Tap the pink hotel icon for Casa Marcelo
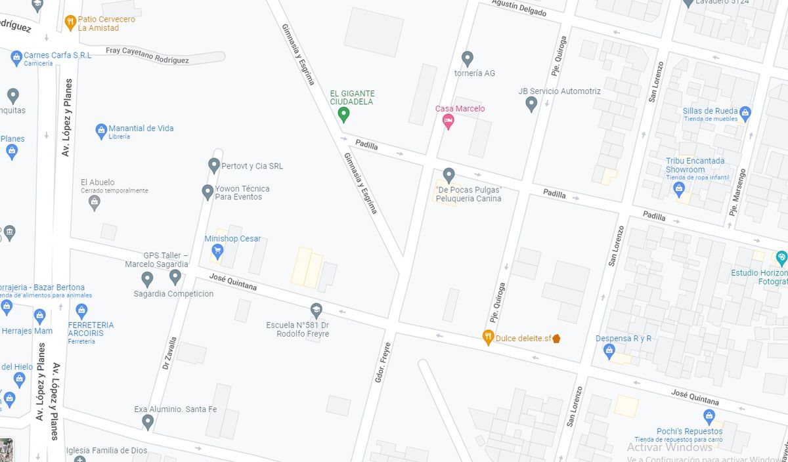[449, 120]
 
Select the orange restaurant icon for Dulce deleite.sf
[488, 337]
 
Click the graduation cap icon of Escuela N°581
[316, 310]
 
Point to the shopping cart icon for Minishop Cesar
[217, 250]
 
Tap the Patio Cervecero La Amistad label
[106, 24]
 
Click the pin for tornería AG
[467, 58]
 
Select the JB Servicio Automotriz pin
[531, 103]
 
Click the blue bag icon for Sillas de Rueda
[745, 114]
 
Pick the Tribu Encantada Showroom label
[695, 165]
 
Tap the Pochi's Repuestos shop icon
[709, 416]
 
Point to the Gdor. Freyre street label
[382, 363]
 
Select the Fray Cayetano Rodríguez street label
[148, 55]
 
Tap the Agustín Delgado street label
[519, 7]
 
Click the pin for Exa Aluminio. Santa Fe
[148, 421]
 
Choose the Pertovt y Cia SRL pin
[213, 165]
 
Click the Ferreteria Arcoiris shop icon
[81, 310]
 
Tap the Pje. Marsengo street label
[737, 192]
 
